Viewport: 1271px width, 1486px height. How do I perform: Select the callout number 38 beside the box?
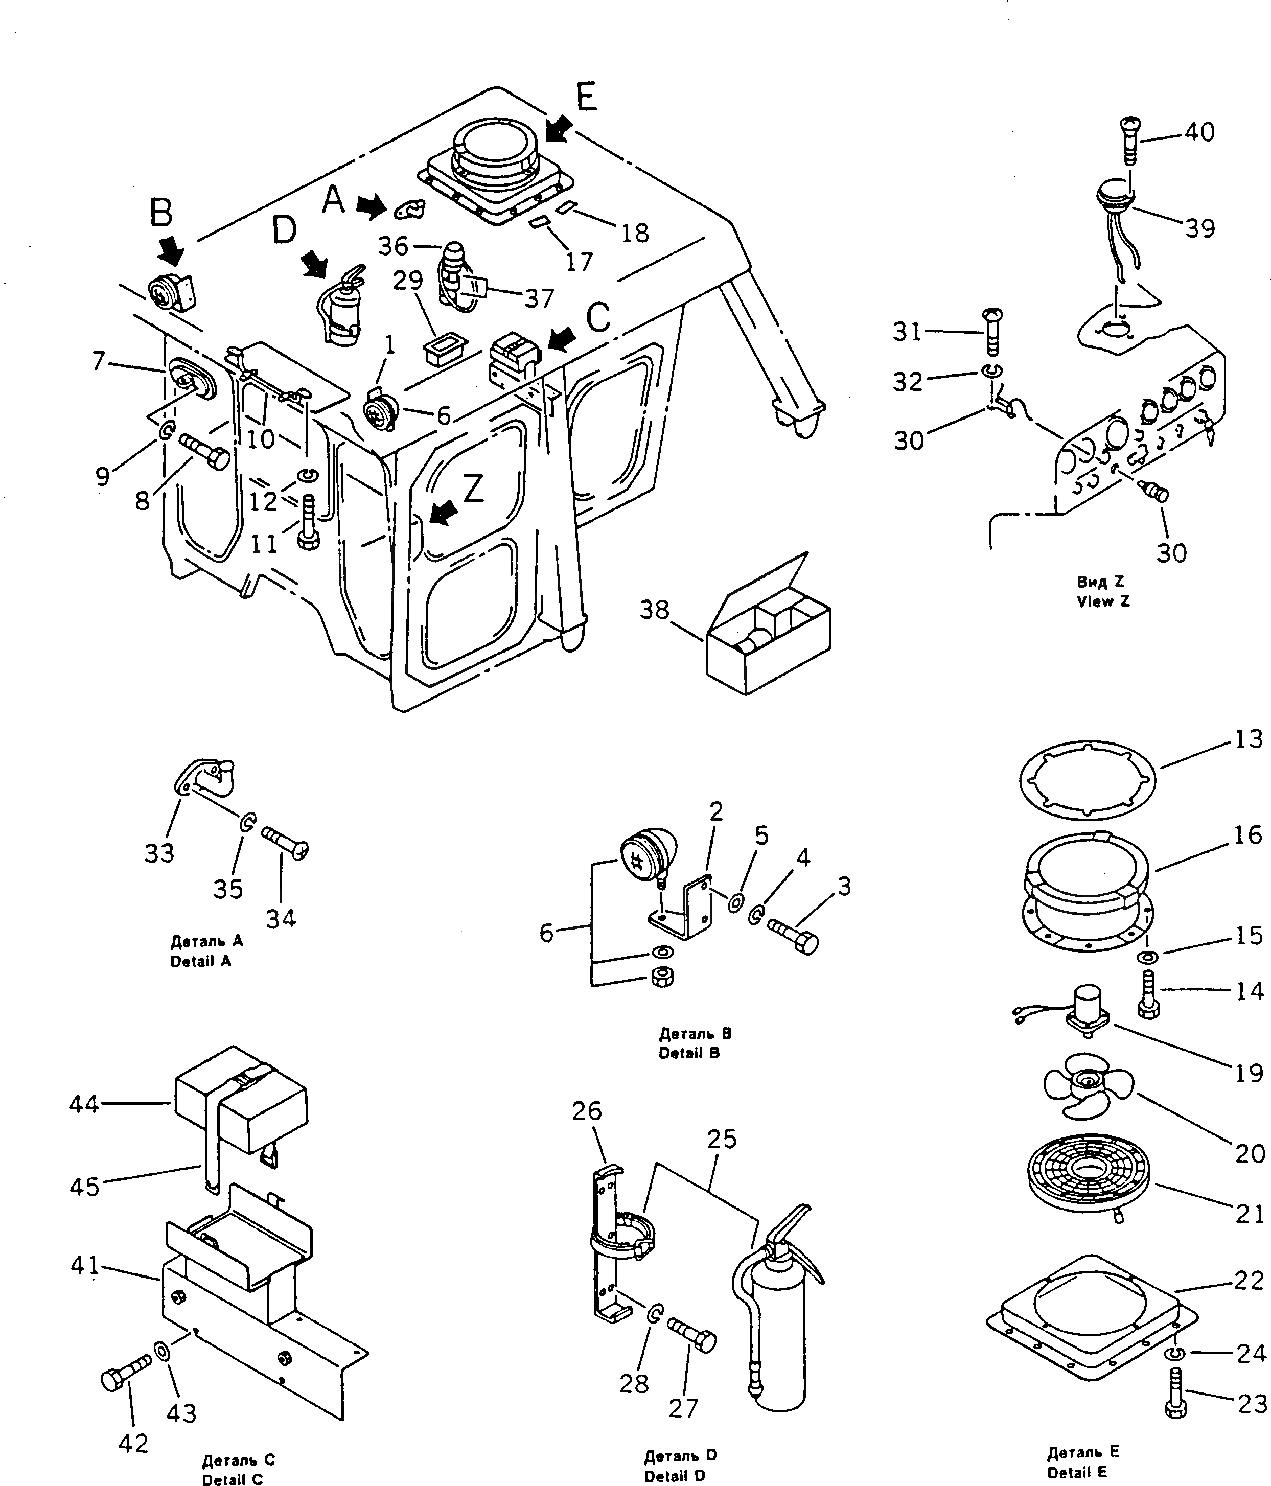pos(654,610)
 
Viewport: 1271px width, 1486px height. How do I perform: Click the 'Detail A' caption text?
pos(201,961)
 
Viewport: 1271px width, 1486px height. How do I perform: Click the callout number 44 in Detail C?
pos(83,1104)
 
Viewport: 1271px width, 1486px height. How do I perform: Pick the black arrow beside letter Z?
pos(443,512)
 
